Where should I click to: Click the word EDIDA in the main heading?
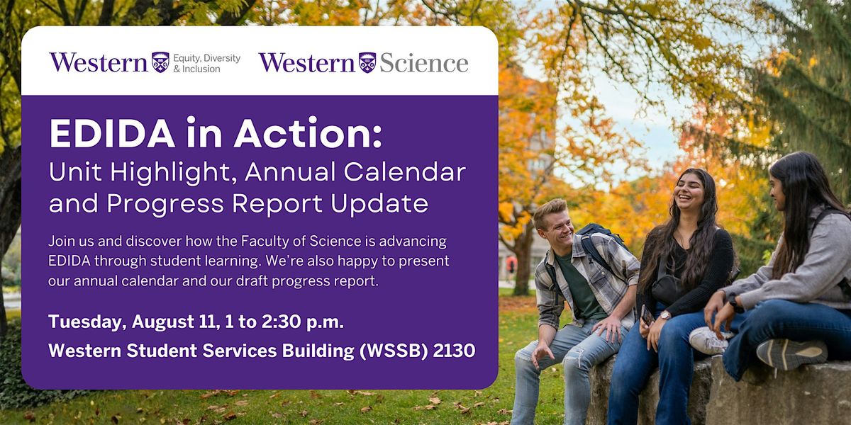tap(112, 133)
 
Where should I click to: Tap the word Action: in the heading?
tap(308, 133)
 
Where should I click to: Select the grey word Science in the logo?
tap(424, 63)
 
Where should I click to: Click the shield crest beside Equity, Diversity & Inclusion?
tap(160, 62)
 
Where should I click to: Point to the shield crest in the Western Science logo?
tap(367, 62)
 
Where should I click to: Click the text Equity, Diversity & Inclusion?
tap(206, 63)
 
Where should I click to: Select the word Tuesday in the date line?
tap(87, 322)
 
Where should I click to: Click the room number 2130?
tap(454, 350)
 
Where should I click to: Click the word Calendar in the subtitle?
tap(405, 172)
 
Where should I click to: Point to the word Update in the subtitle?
tap(379, 204)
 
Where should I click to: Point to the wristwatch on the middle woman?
tap(664, 315)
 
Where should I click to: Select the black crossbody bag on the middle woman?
tap(668, 288)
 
